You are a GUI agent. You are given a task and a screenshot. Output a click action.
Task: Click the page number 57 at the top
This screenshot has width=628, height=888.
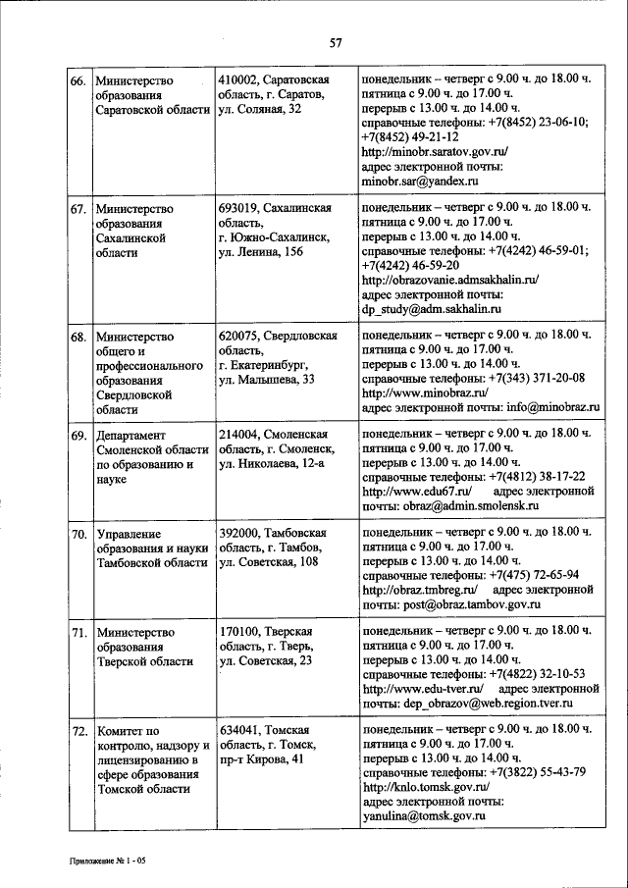(336, 42)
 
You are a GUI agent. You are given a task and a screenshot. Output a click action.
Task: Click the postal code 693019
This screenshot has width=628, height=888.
(241, 208)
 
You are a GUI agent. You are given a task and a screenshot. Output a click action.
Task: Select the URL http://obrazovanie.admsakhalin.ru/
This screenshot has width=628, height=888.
(450, 281)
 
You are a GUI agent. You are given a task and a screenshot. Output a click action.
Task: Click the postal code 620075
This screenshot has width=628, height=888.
(241, 336)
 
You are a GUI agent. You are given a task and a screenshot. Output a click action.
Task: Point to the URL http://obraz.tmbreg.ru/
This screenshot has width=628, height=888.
(419, 590)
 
